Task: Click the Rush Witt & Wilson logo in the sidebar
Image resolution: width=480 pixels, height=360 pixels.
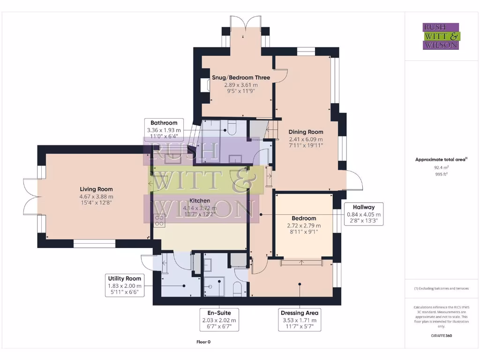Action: pos(442,36)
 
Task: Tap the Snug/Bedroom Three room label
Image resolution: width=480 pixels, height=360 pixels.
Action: pos(241,77)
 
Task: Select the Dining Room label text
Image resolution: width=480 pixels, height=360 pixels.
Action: pos(306,132)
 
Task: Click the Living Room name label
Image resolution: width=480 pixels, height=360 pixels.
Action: pos(96,189)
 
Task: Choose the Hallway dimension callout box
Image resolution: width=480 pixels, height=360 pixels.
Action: pos(364,214)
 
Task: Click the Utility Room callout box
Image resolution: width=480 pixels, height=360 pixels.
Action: pos(124,285)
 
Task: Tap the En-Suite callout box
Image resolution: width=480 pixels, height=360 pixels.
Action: pos(219,319)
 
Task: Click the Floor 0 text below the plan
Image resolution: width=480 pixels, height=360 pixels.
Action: pos(203,342)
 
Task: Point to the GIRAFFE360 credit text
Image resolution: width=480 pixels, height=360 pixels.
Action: pos(442,336)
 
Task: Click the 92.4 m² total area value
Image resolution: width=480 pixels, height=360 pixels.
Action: pos(441,166)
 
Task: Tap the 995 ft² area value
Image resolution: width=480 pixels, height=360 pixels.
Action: pos(441,173)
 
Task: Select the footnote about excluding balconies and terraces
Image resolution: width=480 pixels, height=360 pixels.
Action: pos(441,288)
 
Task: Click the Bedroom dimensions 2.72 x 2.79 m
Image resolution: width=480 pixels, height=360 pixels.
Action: pos(304,225)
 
